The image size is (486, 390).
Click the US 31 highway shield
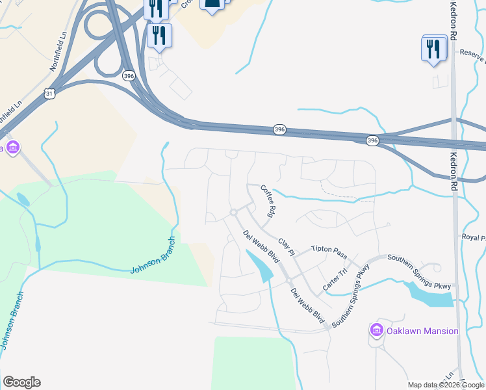(x=50, y=94)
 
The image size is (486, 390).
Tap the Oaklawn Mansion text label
(x=422, y=331)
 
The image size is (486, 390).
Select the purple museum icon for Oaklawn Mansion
(x=376, y=331)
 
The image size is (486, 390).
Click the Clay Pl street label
(x=287, y=246)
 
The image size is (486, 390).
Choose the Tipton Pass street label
(x=330, y=250)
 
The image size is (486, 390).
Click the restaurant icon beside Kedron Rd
(x=433, y=49)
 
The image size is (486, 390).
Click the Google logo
(x=21, y=382)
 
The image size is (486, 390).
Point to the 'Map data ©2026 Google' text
(x=446, y=385)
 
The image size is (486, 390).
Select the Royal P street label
(x=473, y=238)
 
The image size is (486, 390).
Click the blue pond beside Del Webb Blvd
(x=260, y=266)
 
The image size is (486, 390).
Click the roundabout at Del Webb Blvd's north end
(x=233, y=213)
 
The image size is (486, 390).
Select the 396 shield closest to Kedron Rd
(x=372, y=140)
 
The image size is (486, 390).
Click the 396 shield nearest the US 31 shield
(x=129, y=76)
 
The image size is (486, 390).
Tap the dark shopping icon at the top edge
(x=212, y=5)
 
